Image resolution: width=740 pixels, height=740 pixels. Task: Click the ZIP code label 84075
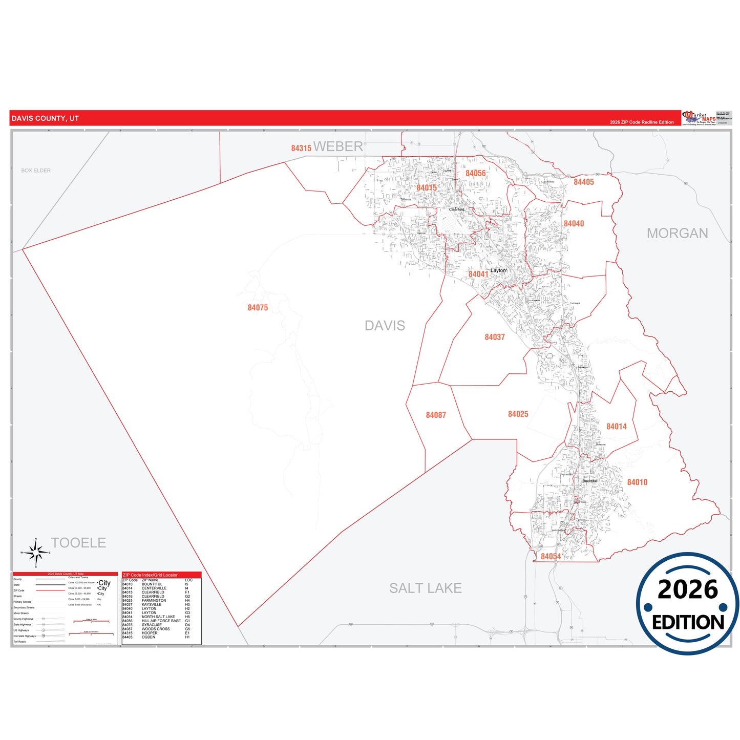pos(258,308)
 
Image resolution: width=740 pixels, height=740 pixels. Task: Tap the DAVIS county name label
pos(385,326)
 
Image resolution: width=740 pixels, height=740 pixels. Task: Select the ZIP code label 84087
pos(436,415)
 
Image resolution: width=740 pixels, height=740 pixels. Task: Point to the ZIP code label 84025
pos(518,414)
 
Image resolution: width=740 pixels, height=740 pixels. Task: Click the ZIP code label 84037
pos(495,337)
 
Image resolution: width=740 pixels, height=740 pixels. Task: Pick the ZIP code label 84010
pos(637,482)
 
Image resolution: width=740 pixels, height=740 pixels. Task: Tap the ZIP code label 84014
pos(616,427)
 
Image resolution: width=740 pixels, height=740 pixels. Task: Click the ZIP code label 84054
pos(551,557)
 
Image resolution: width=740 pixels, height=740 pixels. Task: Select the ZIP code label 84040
pos(574,224)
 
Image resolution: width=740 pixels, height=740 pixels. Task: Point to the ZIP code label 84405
pos(583,182)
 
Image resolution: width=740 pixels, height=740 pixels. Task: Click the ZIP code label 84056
pos(475,174)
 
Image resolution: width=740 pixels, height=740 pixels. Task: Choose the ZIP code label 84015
pos(427,188)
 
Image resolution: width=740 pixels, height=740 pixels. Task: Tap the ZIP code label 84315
pos(301,149)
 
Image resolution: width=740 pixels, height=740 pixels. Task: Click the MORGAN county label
pos(677,234)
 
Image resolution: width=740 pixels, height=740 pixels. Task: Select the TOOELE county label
pos(78,543)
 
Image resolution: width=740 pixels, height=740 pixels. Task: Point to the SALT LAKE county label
pos(425,588)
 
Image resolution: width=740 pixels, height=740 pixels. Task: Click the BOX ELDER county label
pos(36,171)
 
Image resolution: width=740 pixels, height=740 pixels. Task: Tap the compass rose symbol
pos(35,553)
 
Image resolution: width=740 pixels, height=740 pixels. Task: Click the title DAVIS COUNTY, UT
pos(45,118)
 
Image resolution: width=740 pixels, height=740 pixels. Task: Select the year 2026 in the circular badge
pos(687,589)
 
